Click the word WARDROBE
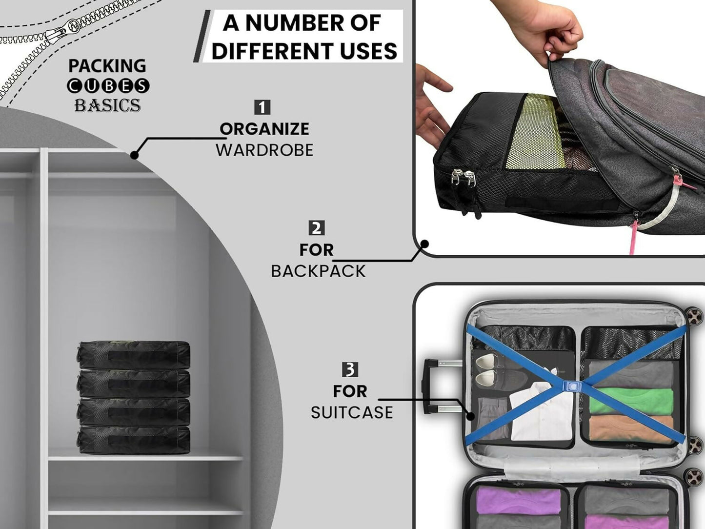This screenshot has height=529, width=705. click(264, 150)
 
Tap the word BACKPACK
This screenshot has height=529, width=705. click(318, 271)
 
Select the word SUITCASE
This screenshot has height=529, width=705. click(352, 412)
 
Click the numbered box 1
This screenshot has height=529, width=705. click(262, 107)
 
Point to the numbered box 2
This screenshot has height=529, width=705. click(316, 228)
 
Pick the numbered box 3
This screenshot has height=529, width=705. click(350, 370)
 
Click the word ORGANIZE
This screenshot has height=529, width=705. click(264, 129)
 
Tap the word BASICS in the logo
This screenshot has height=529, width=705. click(108, 105)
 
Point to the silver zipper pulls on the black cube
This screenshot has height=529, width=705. click(463, 177)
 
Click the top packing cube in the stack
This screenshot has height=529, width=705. click(134, 355)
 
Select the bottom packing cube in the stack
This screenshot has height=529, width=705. click(134, 440)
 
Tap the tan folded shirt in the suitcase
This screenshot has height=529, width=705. click(631, 429)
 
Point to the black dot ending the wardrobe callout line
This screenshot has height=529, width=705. click(135, 155)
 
